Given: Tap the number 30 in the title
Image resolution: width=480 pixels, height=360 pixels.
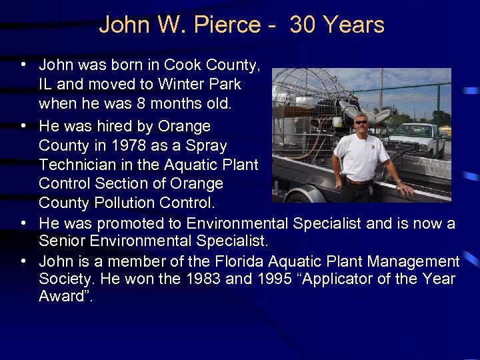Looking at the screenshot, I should pyautogui.click(x=303, y=25).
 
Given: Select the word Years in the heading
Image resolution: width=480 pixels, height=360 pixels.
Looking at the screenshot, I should pyautogui.click(x=353, y=25).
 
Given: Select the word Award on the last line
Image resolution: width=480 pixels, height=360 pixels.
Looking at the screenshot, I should pyautogui.click(x=63, y=297).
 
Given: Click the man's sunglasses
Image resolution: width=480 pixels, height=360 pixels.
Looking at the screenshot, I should pyautogui.click(x=361, y=122).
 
